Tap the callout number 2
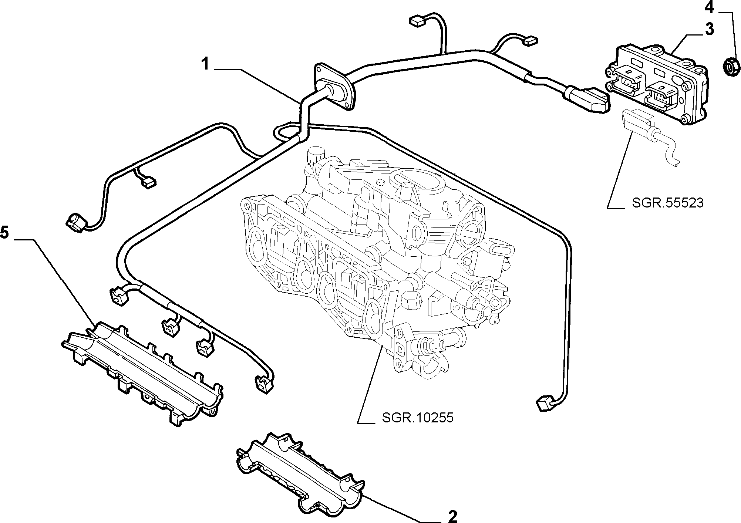click(x=452, y=516)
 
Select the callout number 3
click(x=709, y=29)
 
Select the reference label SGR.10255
click(x=418, y=418)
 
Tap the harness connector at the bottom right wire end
click(x=544, y=403)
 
